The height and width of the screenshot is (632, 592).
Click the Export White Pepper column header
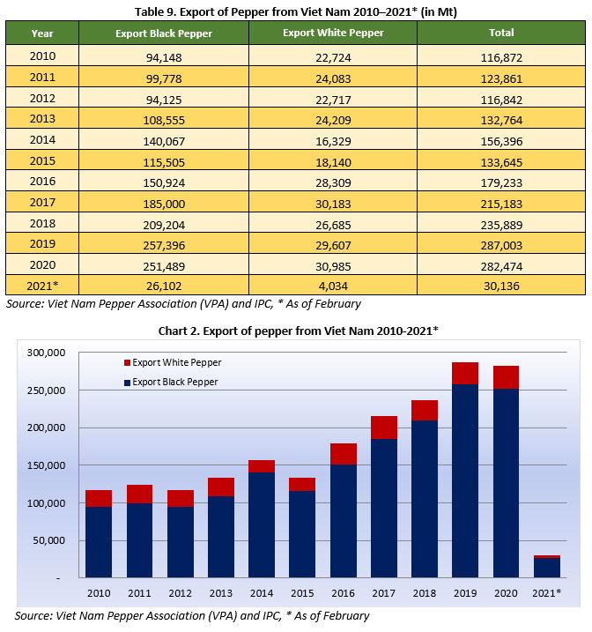point(332,33)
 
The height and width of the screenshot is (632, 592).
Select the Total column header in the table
point(501,33)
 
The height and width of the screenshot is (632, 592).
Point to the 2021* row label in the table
point(42,286)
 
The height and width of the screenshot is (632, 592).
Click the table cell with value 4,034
point(332,286)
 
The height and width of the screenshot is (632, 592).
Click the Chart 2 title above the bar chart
point(296,330)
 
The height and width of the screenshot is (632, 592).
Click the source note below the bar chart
point(192,615)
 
